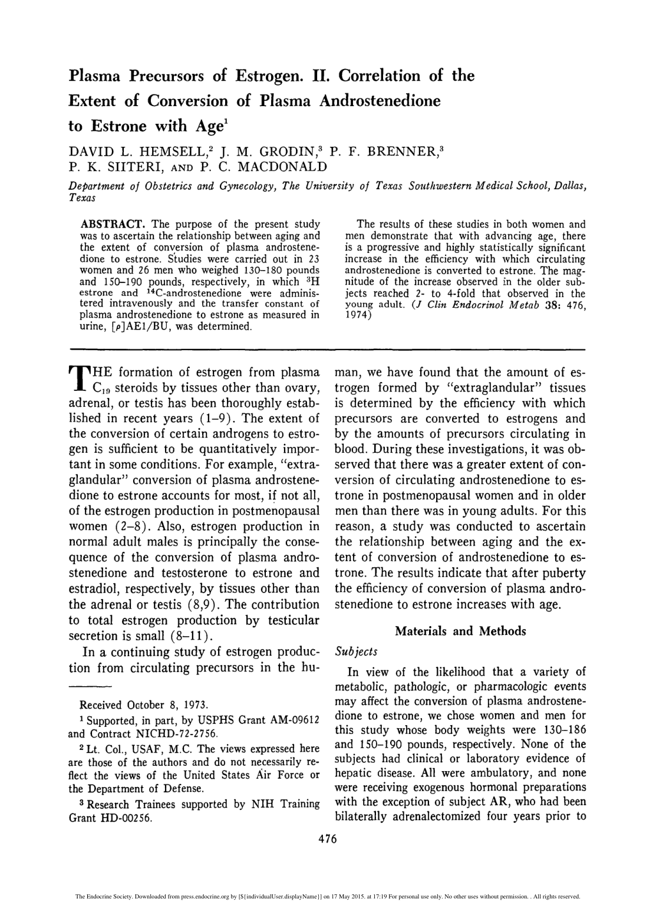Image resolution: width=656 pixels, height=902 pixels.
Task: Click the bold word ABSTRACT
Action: [113, 224]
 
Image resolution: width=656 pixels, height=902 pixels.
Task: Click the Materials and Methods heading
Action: [460, 631]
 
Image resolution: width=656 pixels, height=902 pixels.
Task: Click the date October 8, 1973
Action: [164, 705]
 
